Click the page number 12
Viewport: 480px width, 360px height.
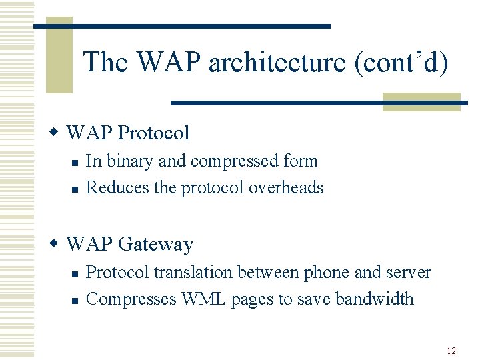click(x=451, y=350)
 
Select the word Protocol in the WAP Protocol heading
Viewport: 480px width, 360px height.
click(x=153, y=133)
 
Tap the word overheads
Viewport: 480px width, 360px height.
click(x=286, y=188)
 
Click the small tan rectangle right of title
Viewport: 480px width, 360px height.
click(x=421, y=101)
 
